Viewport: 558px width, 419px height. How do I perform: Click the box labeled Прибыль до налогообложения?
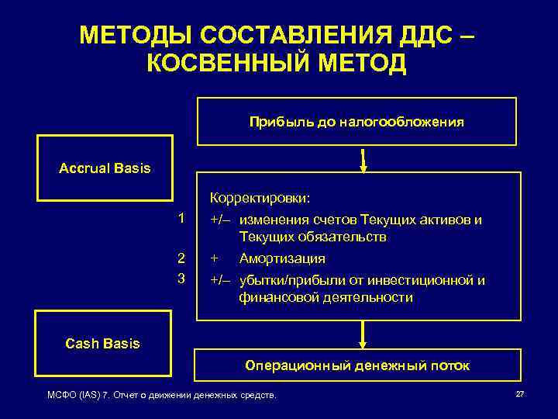tap(356, 122)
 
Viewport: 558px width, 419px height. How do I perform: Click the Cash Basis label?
tap(103, 343)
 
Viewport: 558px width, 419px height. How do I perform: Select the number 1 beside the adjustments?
tap(181, 219)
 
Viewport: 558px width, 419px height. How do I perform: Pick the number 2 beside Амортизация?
tap(181, 258)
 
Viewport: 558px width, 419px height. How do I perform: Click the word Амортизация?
tap(282, 258)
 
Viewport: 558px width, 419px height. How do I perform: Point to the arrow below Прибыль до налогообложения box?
tap(363, 160)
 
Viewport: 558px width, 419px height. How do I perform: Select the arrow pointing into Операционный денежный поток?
tap(363, 335)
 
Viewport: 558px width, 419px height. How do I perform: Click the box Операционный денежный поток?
tap(356, 365)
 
